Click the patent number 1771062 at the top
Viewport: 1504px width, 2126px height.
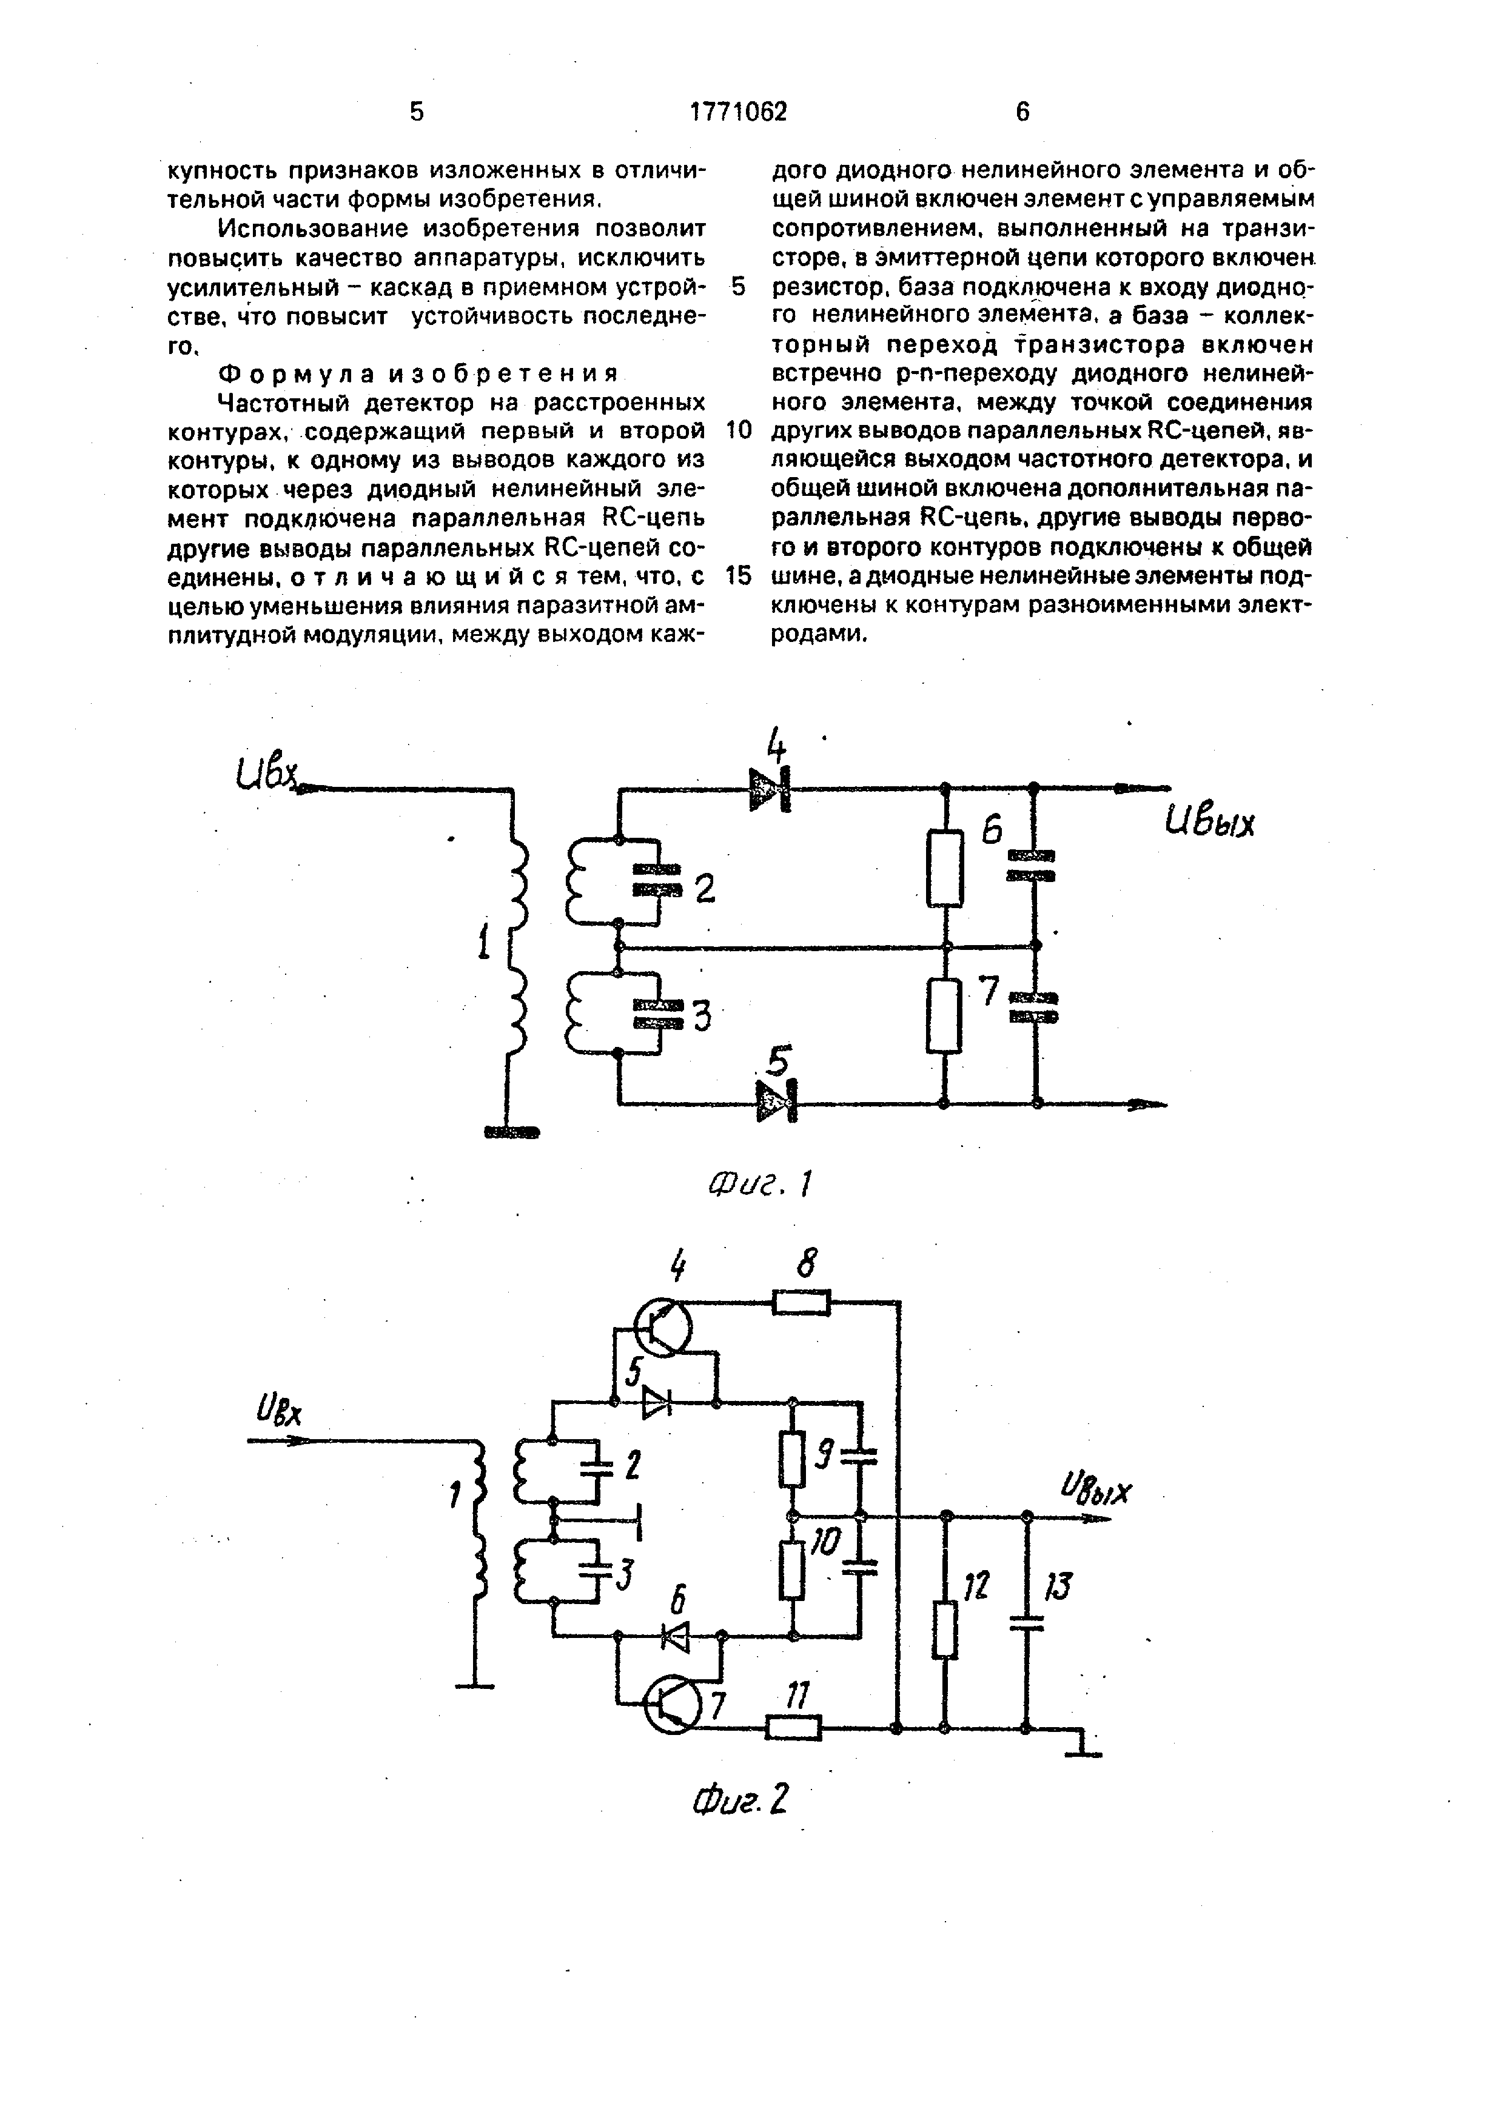tap(738, 112)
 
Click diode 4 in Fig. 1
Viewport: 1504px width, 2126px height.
tap(771, 789)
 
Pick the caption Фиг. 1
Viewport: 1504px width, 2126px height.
tap(760, 1183)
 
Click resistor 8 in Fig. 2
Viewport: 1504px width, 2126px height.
tap(801, 1303)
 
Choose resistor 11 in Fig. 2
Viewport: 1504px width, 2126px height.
tap(794, 1727)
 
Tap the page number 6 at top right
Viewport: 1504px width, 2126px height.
tap(1022, 112)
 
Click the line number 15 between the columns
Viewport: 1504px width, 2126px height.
tap(738, 575)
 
